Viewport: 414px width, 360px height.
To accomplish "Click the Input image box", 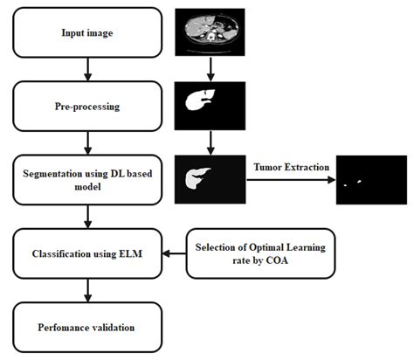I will [x=86, y=33].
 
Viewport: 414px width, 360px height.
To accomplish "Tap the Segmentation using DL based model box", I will [x=86, y=180].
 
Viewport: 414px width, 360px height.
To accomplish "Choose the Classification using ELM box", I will [x=86, y=254].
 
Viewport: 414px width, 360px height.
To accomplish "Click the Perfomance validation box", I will [x=86, y=328].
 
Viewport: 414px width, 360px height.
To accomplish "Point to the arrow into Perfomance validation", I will [x=86, y=291].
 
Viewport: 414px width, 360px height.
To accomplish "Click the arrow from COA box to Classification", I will [x=175, y=255].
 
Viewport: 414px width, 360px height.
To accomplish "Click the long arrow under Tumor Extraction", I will [x=289, y=180].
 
